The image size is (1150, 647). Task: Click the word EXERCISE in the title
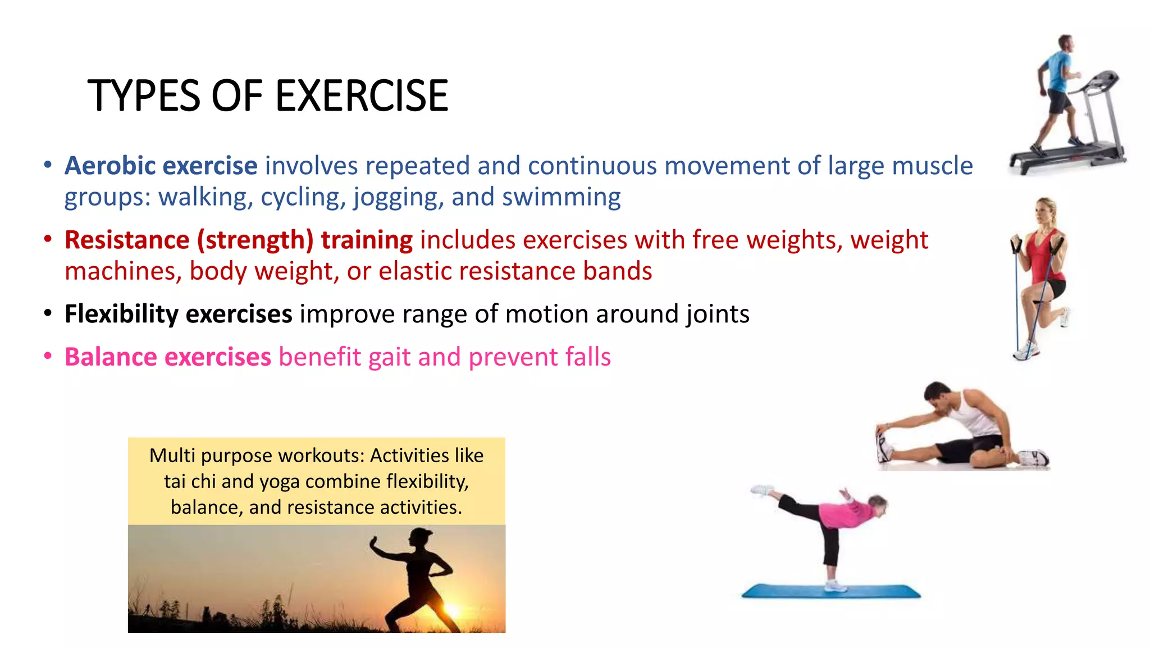coord(362,95)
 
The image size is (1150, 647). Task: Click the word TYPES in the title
coord(144,95)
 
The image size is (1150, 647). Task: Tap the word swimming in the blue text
coord(561,197)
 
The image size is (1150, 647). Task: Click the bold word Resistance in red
coord(127,240)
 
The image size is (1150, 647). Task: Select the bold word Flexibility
coord(121,314)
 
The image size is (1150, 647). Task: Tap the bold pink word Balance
coord(111,357)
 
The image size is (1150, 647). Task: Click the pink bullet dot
coord(48,356)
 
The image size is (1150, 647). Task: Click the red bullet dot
coord(48,239)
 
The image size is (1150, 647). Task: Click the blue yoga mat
coord(831,591)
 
